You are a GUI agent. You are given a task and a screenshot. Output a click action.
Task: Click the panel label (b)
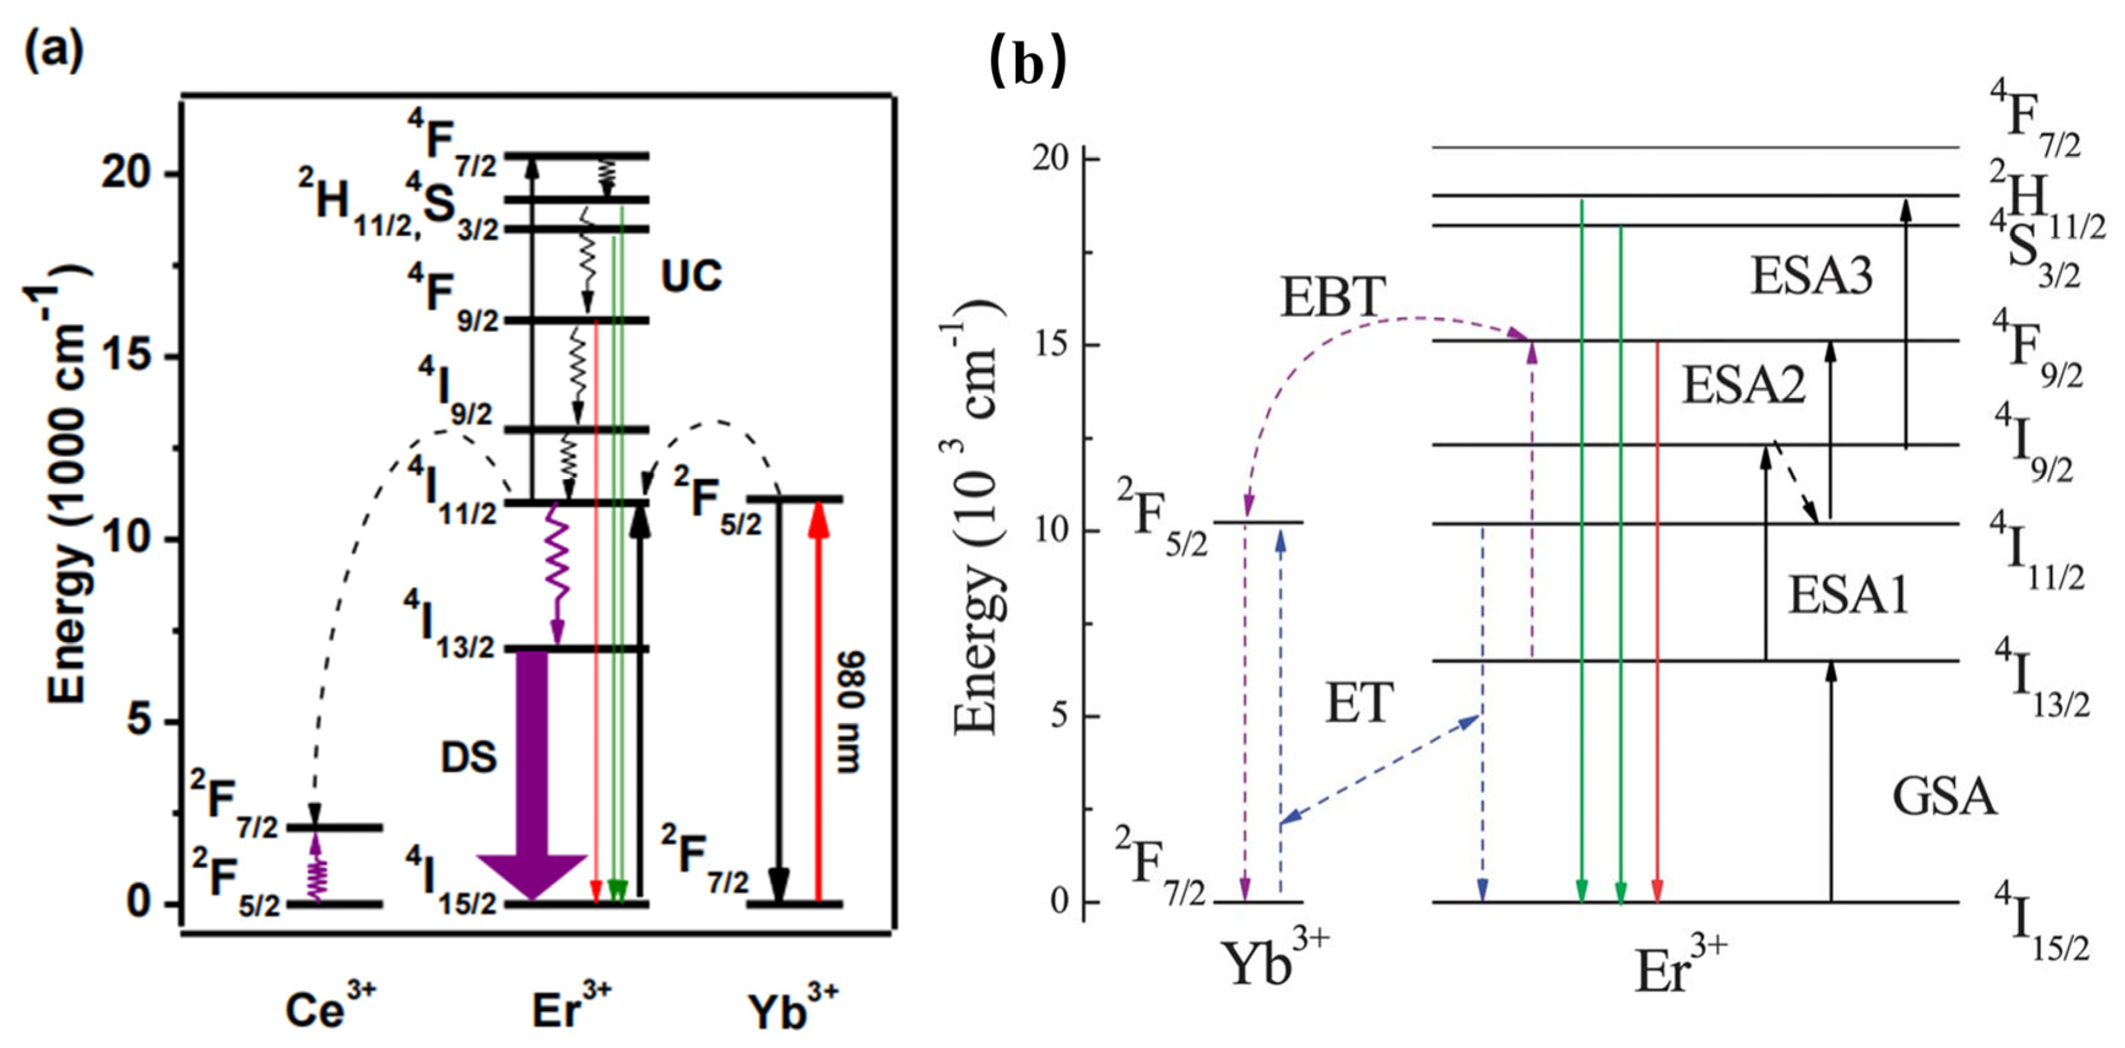click(1027, 64)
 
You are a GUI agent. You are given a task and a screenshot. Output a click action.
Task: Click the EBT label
click(1332, 297)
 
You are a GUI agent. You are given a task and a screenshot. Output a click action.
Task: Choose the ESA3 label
click(1812, 277)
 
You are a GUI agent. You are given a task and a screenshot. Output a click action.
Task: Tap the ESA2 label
click(1744, 385)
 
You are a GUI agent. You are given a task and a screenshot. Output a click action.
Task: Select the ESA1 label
click(1848, 596)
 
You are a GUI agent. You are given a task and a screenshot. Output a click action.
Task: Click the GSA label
click(1944, 797)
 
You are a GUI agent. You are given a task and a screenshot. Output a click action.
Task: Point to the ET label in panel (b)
click(1359, 704)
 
